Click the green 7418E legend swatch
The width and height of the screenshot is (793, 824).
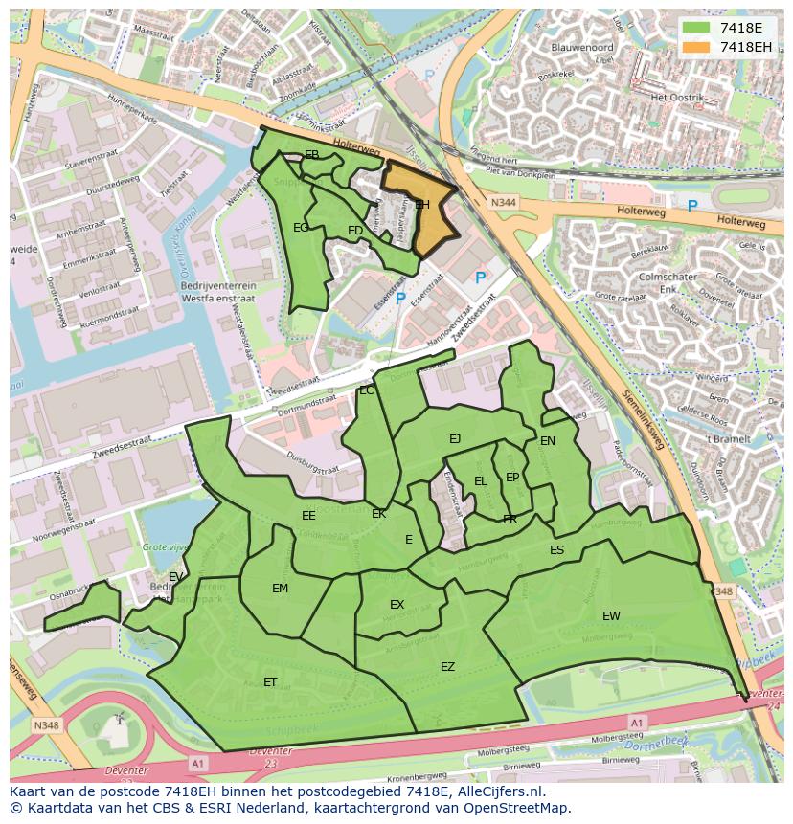click(697, 28)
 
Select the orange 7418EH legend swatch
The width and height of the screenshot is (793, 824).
click(697, 47)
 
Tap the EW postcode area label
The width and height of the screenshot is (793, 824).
click(611, 615)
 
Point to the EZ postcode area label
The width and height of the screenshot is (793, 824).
click(447, 667)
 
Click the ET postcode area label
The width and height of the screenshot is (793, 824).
click(270, 682)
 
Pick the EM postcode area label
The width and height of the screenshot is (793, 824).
click(280, 589)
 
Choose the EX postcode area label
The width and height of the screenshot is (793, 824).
click(396, 605)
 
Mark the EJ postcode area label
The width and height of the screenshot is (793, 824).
click(455, 439)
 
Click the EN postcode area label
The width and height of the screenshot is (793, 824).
click(547, 441)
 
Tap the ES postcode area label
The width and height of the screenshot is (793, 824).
click(556, 550)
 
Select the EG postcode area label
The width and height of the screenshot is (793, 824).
click(301, 228)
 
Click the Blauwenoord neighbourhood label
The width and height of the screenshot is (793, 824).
click(582, 46)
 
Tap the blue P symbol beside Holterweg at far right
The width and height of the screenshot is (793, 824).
click(691, 206)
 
